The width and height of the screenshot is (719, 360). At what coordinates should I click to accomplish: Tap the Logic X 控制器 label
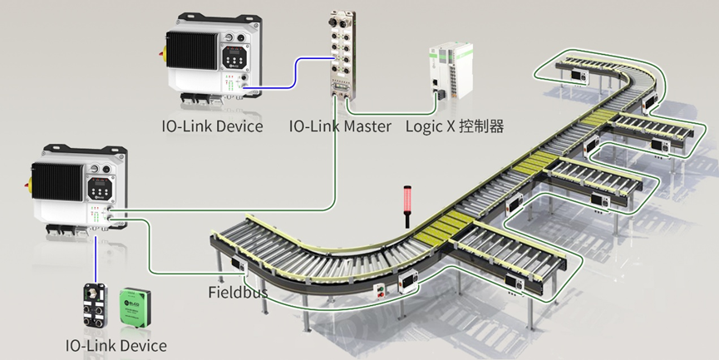455,126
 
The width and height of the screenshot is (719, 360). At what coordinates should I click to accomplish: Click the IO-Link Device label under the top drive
212,126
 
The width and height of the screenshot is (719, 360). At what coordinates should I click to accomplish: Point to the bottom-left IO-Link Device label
116,345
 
